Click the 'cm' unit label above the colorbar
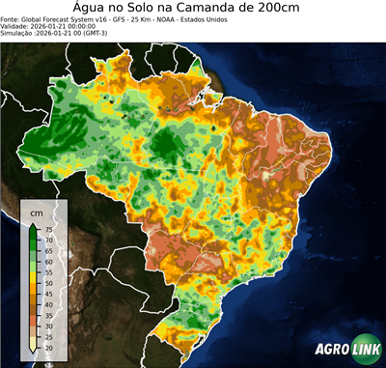pos(36,212)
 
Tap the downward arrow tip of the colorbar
pos(34,352)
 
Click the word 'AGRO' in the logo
pos(331,350)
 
